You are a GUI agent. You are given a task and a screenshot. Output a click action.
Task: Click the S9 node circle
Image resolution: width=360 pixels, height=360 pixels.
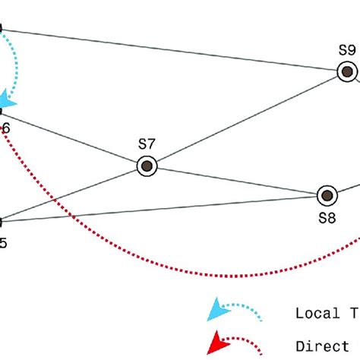pos(347,72)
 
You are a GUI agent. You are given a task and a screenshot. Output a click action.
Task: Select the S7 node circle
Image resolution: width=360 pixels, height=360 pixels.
pos(146,166)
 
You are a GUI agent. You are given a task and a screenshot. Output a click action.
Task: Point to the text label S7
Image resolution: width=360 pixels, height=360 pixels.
pos(147,144)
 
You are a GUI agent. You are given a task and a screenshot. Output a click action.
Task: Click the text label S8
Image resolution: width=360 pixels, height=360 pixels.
pos(327,219)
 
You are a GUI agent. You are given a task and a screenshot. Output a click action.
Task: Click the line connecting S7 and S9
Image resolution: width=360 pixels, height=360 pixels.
pos(243,121)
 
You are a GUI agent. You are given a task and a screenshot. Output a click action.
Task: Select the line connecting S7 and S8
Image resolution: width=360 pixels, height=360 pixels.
pos(235,181)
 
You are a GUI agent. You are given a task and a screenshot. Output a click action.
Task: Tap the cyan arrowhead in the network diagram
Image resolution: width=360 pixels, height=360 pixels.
pos(10,97)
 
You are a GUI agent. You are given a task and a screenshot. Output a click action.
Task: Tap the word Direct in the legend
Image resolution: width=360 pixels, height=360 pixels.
pos(316,346)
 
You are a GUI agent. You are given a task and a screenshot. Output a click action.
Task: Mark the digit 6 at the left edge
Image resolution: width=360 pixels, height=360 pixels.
pos(5,128)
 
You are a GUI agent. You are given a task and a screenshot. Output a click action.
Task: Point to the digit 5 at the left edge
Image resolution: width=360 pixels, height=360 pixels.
pos(4,244)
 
